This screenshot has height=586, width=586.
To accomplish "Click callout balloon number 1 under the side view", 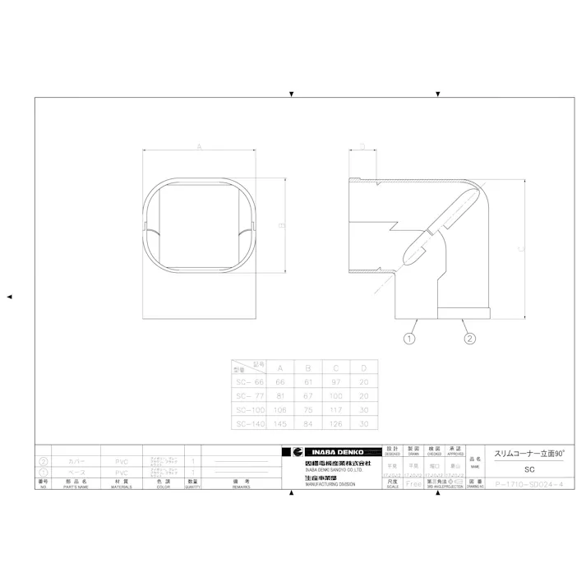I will click(x=410, y=338).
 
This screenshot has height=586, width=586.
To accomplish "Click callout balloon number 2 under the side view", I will click(x=469, y=338).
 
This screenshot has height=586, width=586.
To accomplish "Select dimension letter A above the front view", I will click(x=200, y=146).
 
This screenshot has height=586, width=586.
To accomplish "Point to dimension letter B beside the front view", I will click(x=281, y=224).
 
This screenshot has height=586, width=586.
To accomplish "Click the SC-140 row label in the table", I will click(x=249, y=423).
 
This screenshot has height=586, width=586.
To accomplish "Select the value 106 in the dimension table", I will click(x=281, y=409).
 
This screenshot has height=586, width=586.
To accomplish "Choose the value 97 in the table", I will click(x=335, y=381).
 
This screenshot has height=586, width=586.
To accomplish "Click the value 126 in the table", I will click(x=335, y=423).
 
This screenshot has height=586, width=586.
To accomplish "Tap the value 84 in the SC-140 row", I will click(x=308, y=423).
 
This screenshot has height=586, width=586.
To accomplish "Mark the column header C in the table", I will click(x=335, y=367).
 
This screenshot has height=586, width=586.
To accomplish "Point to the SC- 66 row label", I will click(x=249, y=381).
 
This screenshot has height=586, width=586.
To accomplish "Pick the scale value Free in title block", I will click(x=414, y=484).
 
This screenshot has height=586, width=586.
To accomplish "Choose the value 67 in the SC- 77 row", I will click(x=308, y=395).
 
